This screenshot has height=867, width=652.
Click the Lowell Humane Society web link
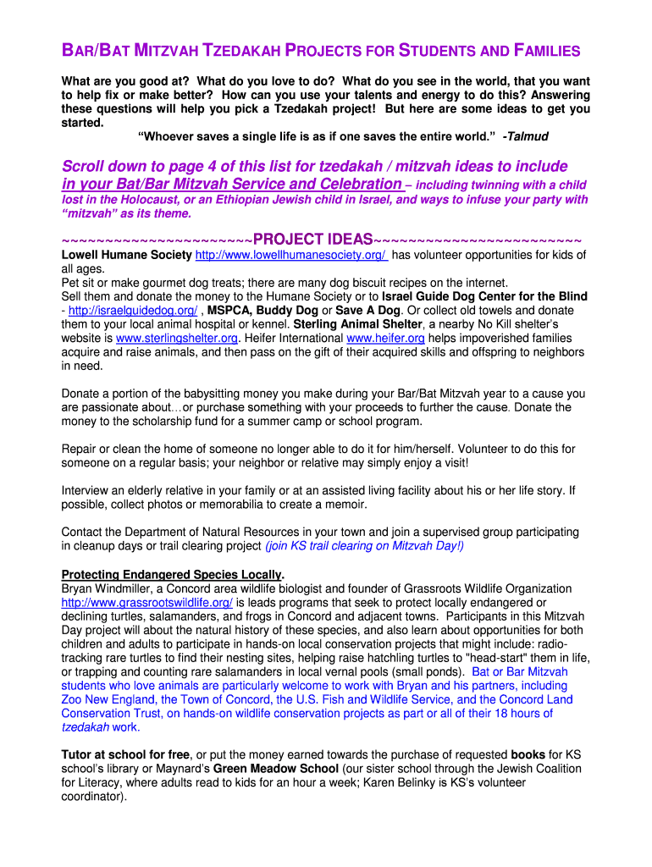(291, 255)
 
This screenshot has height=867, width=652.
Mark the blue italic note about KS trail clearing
(365, 546)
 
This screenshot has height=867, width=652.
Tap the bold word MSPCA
(229, 310)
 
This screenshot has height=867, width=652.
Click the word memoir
(346, 505)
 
